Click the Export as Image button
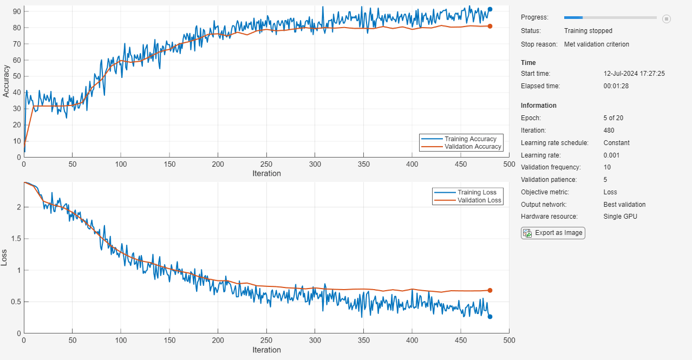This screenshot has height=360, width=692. [x=553, y=233]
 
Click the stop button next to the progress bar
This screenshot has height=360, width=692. [x=667, y=19]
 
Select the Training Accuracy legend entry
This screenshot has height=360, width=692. [x=470, y=139]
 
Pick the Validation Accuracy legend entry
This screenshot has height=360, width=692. [x=473, y=147]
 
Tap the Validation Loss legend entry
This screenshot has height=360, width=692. [x=479, y=200]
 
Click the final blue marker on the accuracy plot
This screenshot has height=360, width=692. [x=490, y=9]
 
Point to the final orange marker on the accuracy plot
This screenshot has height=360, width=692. [x=490, y=26]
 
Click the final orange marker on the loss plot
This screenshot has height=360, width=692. [x=490, y=290]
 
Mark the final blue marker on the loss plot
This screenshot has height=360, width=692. [x=490, y=317]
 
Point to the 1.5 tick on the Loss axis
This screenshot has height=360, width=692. [x=16, y=239]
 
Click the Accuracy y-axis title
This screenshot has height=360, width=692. [x=6, y=81]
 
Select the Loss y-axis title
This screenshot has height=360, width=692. [x=5, y=258]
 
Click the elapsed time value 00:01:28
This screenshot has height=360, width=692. [x=616, y=86]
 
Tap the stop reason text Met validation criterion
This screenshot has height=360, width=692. [x=596, y=44]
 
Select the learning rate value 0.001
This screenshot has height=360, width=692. [x=612, y=155]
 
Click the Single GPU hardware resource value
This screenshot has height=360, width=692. [x=620, y=217]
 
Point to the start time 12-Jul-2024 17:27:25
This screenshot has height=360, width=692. [x=634, y=74]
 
